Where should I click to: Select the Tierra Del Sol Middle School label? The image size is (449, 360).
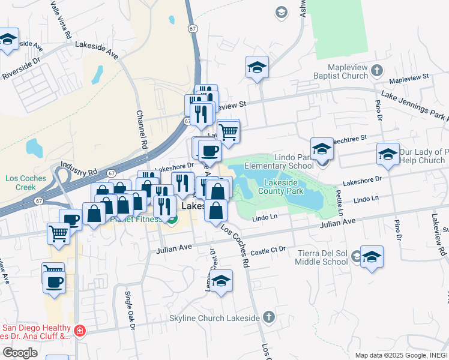pos(323,257)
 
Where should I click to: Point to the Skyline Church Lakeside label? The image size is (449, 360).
pos(223,317)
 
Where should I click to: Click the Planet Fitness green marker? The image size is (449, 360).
pos(171,220)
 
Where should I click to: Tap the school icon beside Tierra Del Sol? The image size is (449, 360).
pos(372,257)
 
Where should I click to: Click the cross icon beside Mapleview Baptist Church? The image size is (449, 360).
pos(376,70)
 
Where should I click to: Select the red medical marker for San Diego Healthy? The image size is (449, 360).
pos(79,331)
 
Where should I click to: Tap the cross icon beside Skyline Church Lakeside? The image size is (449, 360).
pos(268,316)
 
